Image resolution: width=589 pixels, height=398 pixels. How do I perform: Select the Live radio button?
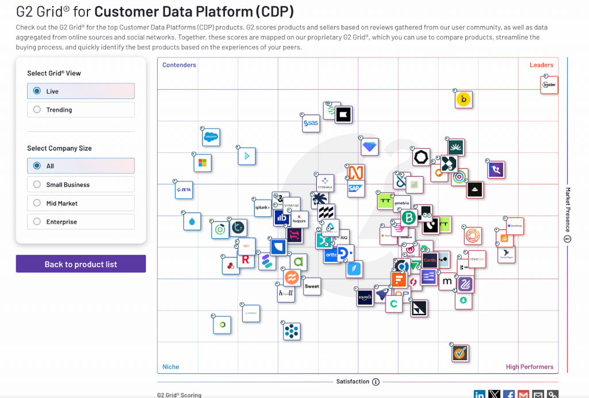click(37, 91)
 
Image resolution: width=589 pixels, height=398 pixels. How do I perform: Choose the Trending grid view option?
click(37, 109)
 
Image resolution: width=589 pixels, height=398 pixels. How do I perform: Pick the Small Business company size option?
click(37, 185)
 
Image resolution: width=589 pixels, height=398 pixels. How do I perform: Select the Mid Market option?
click(37, 203)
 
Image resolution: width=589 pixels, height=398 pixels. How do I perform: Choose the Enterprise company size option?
click(37, 221)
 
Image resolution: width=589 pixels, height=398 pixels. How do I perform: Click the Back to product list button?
click(81, 264)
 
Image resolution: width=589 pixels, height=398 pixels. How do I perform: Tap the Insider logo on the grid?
click(549, 85)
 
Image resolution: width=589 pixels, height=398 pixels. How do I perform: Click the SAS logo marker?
click(311, 123)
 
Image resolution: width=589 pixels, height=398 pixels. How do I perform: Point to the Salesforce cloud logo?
click(211, 137)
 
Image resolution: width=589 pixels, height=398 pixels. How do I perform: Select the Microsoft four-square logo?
click(202, 163)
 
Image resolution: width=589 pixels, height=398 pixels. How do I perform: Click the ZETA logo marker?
click(184, 190)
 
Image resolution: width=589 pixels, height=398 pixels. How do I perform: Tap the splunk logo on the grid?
click(262, 208)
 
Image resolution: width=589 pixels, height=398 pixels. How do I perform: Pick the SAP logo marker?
click(355, 188)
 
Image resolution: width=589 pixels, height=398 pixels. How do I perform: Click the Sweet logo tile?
click(312, 286)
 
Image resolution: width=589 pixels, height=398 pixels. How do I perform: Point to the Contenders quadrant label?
click(179, 65)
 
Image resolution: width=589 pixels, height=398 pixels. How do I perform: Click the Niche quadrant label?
click(171, 367)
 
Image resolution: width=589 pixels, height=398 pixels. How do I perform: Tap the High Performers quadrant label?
click(529, 367)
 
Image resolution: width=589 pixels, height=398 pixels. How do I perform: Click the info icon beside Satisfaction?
click(376, 381)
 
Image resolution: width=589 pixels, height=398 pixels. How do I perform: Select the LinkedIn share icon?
click(480, 395)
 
